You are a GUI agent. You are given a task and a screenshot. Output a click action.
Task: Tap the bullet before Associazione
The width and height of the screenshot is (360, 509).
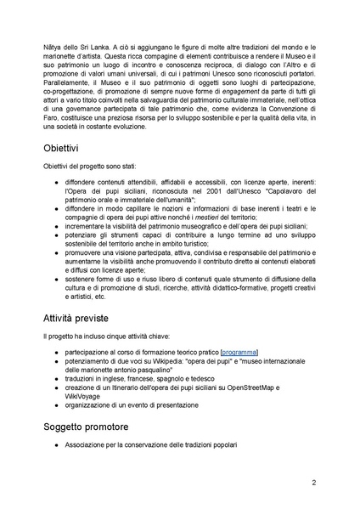(x=56, y=444)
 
